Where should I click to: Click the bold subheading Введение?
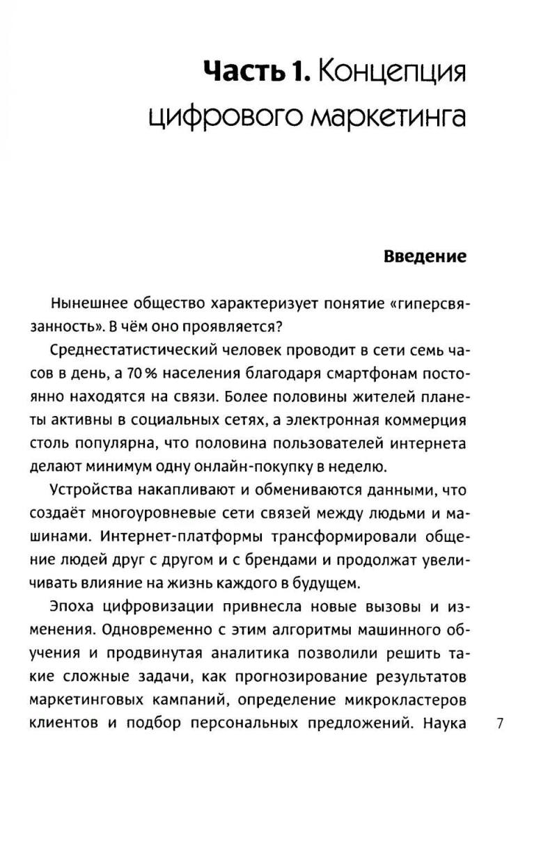pyautogui.click(x=425, y=257)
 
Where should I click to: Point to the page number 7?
pyautogui.click(x=499, y=723)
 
